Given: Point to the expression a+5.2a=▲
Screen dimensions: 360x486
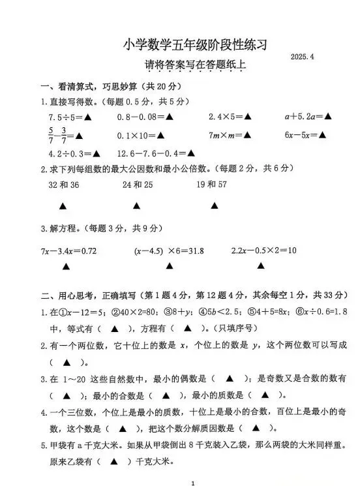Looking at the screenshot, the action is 308,117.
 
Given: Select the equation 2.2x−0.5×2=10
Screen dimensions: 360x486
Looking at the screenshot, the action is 264,251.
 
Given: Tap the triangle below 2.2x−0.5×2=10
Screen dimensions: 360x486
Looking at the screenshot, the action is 261,266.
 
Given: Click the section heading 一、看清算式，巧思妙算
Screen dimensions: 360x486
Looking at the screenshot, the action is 91,86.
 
